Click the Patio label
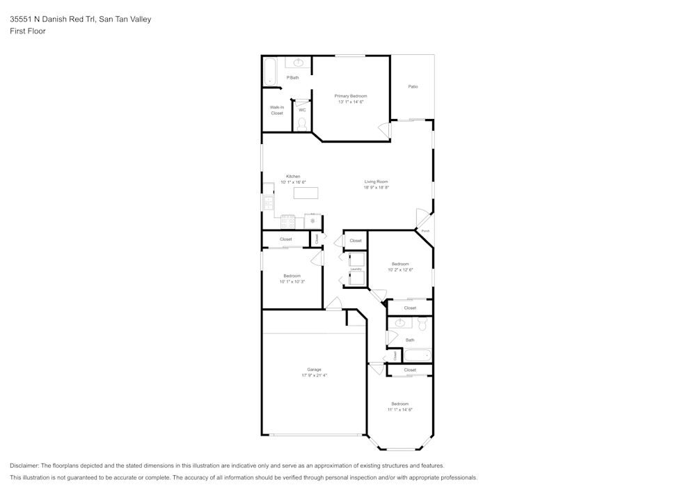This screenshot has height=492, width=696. (413, 86)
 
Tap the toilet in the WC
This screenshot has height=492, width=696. (301, 125)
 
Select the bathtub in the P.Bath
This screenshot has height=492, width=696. (270, 72)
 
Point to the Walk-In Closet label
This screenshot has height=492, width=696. (277, 110)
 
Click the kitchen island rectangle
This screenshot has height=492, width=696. (306, 193)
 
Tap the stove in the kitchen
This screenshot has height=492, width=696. (287, 221)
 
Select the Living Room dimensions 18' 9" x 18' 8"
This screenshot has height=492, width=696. (376, 187)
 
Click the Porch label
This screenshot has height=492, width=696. (425, 230)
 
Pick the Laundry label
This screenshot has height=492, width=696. (356, 269)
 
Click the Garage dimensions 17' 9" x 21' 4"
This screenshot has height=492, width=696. (314, 375)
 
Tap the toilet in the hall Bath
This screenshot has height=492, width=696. (421, 324)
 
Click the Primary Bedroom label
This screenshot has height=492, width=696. (351, 96)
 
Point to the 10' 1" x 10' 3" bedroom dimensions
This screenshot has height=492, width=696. (292, 282)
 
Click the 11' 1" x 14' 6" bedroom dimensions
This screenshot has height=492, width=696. (400, 410)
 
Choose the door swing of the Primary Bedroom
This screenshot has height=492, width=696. (383, 129)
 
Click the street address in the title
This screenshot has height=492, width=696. (80, 19)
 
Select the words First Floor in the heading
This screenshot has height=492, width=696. (28, 31)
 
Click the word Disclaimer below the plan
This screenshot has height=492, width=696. (24, 466)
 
